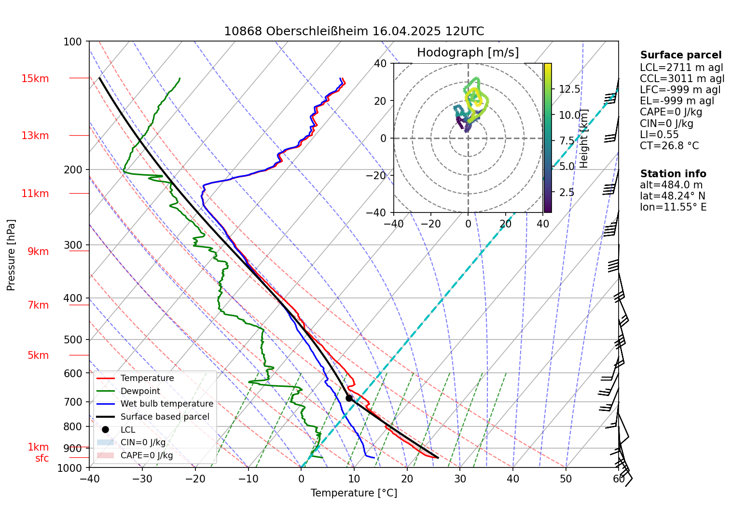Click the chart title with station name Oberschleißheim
click(x=354, y=31)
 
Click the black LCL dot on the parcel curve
click(x=349, y=398)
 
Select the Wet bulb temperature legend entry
click(x=166, y=404)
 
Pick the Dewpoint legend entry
click(x=140, y=391)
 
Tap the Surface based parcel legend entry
click(x=165, y=417)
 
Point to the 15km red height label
click(x=35, y=79)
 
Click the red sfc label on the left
click(x=42, y=458)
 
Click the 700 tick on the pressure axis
click(x=73, y=402)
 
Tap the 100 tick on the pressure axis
click(x=73, y=42)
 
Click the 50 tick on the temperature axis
click(x=566, y=479)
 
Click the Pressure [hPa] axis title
click(x=11, y=255)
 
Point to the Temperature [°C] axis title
click(x=354, y=493)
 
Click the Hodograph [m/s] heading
click(x=468, y=53)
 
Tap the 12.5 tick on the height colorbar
click(x=569, y=89)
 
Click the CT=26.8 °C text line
click(x=669, y=146)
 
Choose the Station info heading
click(x=673, y=174)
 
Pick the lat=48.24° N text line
click(x=672, y=196)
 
